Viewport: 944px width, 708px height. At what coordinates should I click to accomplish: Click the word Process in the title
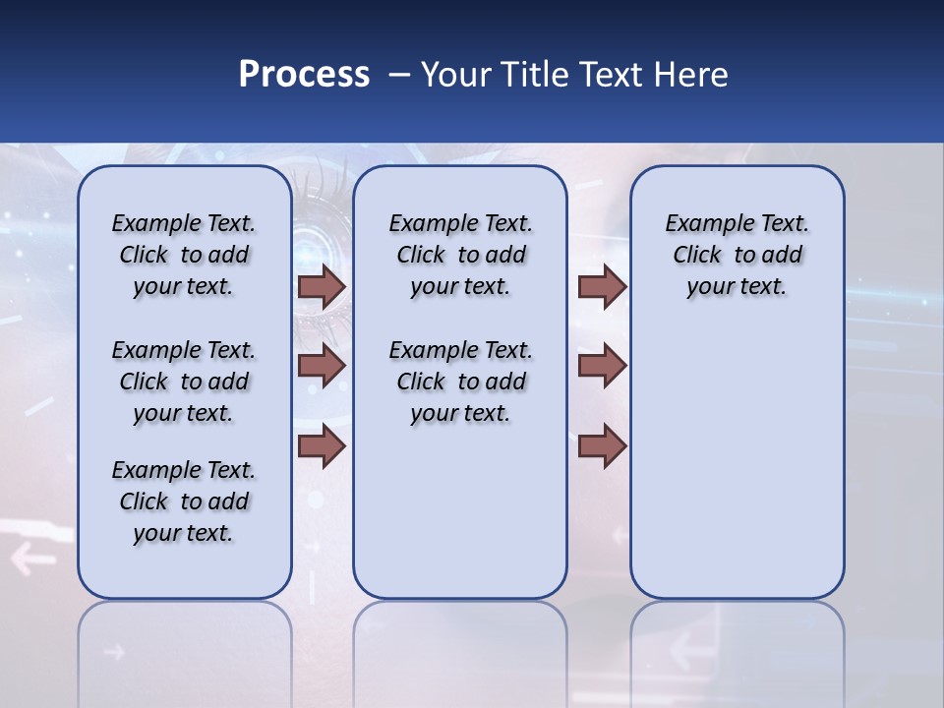pos(304,74)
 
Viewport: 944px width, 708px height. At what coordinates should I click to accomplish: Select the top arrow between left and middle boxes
pos(322,287)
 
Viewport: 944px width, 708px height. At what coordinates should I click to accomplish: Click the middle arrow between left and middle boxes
pos(322,367)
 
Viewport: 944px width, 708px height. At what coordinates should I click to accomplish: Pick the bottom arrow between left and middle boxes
pos(322,445)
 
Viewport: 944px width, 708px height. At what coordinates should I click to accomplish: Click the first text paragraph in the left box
pos(184,255)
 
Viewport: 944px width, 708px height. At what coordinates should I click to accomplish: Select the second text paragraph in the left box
pos(184,382)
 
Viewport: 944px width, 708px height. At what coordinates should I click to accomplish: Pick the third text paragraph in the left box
pos(184,501)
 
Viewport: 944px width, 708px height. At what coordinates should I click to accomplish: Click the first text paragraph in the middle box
pos(460,255)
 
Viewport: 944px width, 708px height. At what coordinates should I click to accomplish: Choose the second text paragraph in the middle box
pos(460,382)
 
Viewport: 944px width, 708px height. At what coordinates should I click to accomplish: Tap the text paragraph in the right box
pos(737,255)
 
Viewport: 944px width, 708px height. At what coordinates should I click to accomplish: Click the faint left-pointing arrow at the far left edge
pos(33,560)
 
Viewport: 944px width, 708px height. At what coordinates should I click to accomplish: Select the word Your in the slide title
pos(456,74)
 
